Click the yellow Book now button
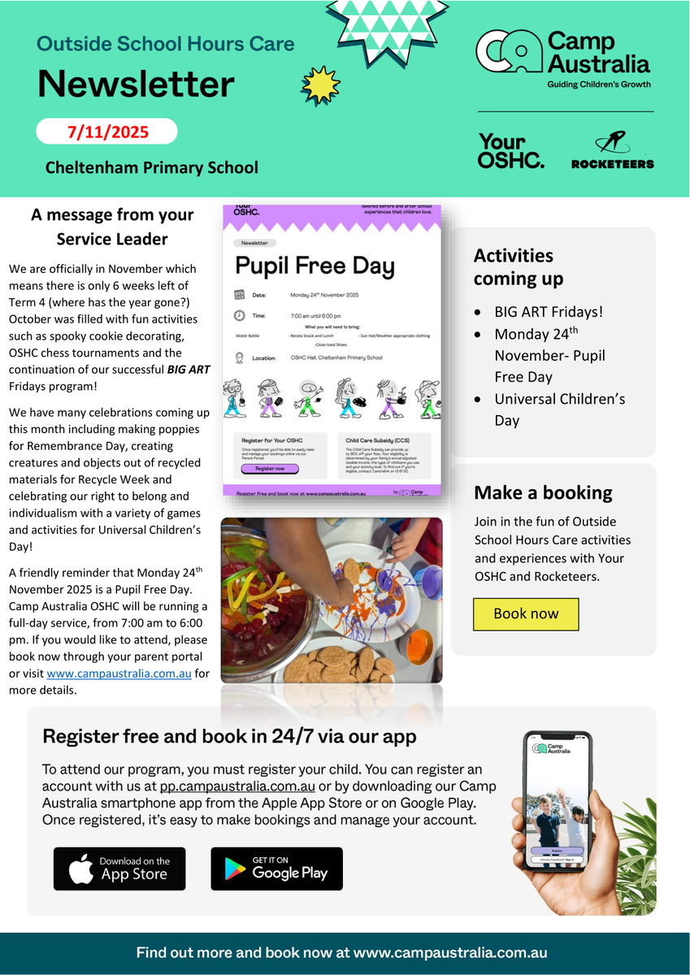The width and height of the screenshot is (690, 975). tap(526, 614)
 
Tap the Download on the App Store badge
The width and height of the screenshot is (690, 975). tap(119, 869)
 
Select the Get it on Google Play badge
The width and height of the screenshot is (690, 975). tap(276, 869)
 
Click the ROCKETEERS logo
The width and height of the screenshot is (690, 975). tap(613, 152)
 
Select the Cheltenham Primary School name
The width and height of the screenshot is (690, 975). tap(152, 167)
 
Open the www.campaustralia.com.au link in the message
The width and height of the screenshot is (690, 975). tap(119, 674)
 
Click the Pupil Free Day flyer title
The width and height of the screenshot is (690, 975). tap(315, 266)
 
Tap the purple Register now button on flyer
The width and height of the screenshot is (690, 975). tap(265, 469)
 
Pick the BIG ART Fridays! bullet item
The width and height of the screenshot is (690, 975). tap(549, 312)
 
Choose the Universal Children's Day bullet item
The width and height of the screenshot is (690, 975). tap(559, 409)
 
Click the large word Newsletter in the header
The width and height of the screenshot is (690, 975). tap(136, 84)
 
